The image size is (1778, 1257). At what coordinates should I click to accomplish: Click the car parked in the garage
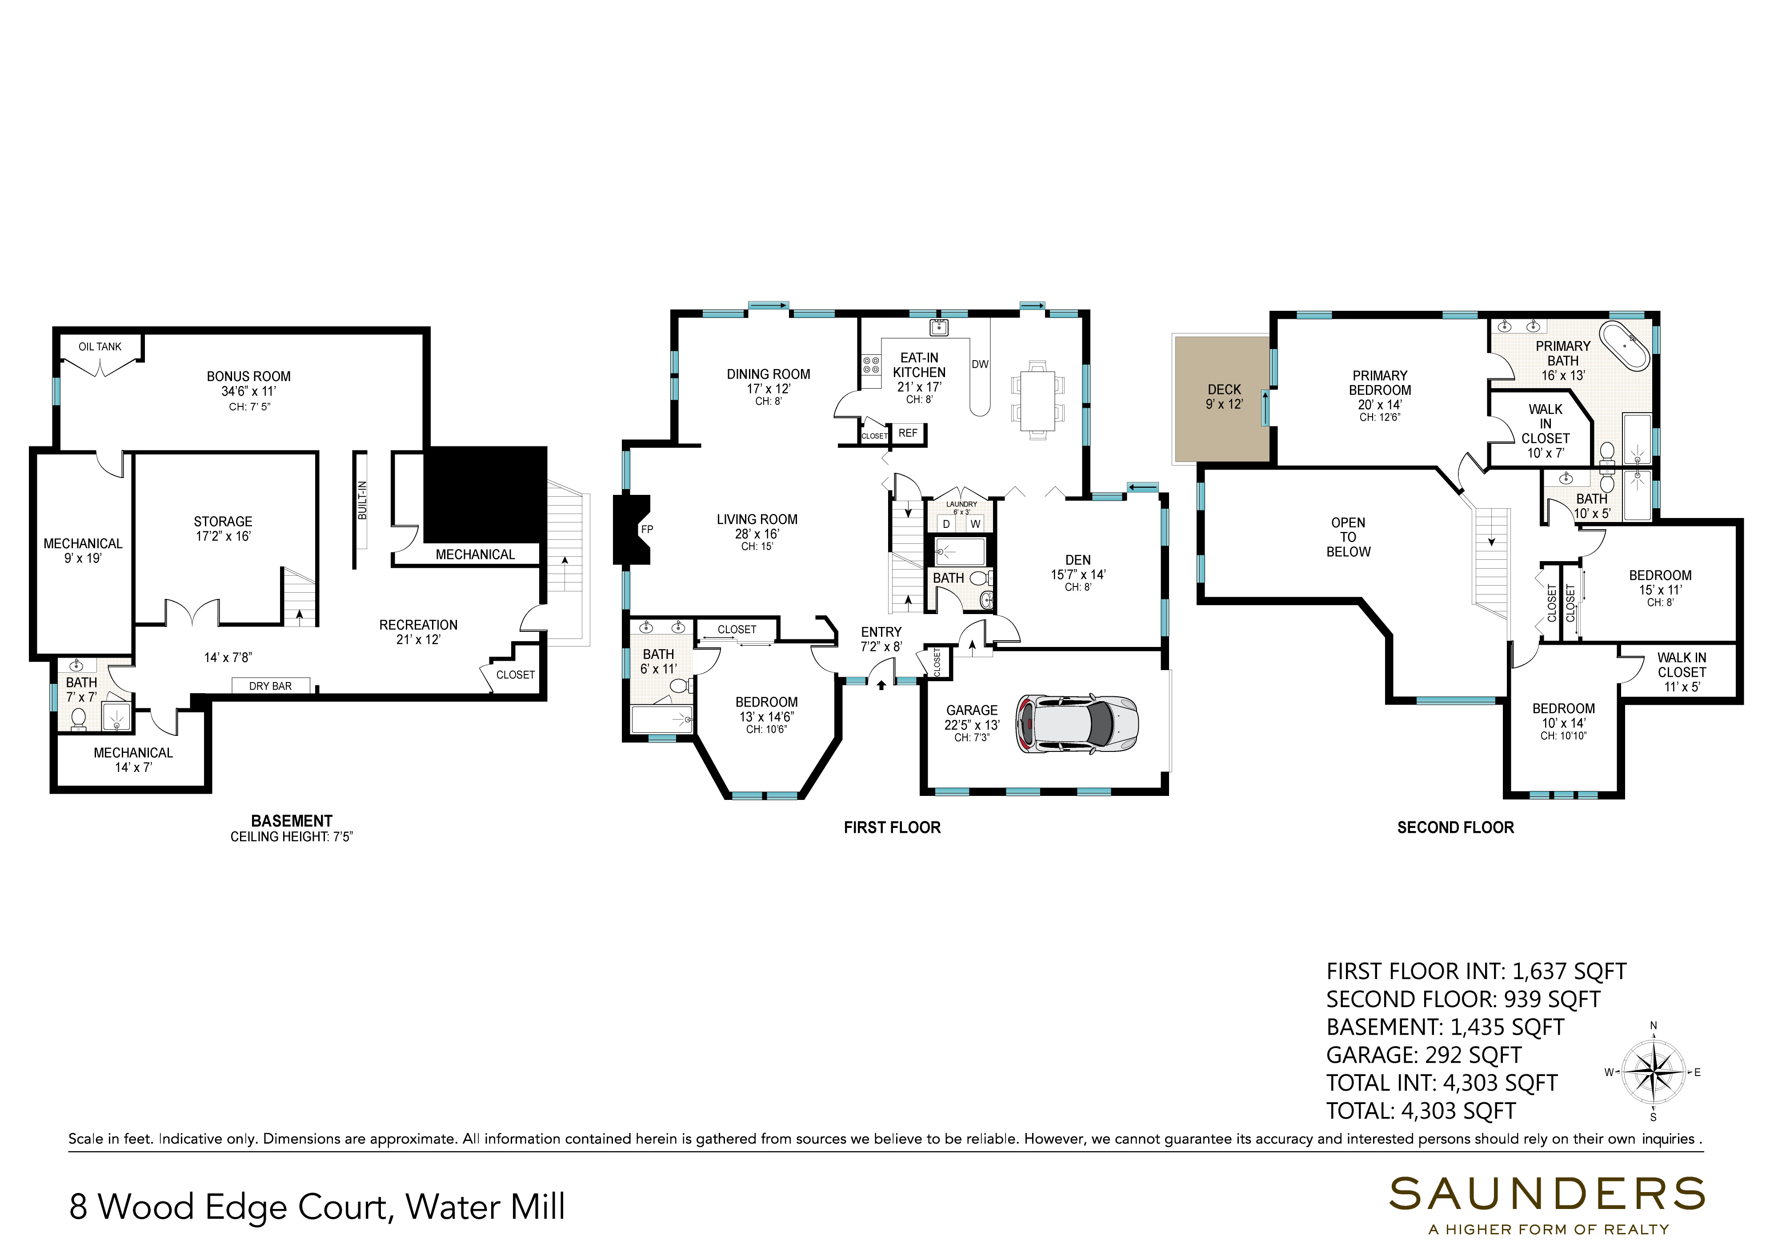tap(1077, 723)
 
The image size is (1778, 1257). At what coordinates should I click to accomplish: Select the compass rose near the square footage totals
tap(1653, 1072)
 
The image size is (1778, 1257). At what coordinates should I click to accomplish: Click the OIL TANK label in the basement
tap(100, 346)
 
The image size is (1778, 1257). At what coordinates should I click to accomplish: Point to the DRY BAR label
tap(270, 686)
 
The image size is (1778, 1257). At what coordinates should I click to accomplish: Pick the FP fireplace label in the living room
tap(647, 530)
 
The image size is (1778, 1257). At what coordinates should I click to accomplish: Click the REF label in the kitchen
tap(908, 433)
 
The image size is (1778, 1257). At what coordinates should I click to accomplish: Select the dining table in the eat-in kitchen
tap(1037, 400)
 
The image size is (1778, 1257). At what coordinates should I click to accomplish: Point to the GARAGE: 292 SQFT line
tap(1423, 1055)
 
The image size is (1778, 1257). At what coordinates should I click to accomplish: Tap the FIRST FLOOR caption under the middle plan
tap(892, 827)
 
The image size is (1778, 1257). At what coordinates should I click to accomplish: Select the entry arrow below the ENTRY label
tap(881, 685)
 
